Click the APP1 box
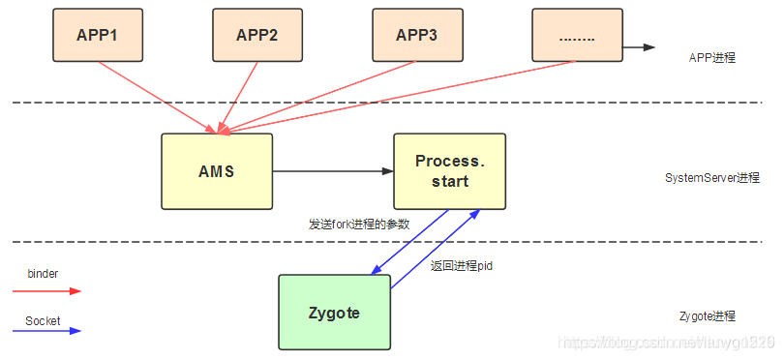pyautogui.click(x=97, y=35)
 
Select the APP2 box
pyautogui.click(x=256, y=35)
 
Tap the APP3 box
pyautogui.click(x=416, y=35)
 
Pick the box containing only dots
pyautogui.click(x=576, y=35)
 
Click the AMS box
pyautogui.click(x=217, y=171)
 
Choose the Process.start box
pyautogui.click(x=449, y=171)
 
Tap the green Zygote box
pyautogui.click(x=334, y=312)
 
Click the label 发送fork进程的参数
pyautogui.click(x=359, y=224)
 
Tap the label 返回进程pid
pyautogui.click(x=462, y=264)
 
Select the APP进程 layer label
pyautogui.click(x=712, y=58)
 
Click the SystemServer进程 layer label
pyautogui.click(x=712, y=178)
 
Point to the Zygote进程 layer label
pyautogui.click(x=708, y=316)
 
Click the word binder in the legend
pyautogui.click(x=43, y=274)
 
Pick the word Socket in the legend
pyautogui.click(x=43, y=319)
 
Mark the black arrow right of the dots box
pyautogui.click(x=638, y=46)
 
